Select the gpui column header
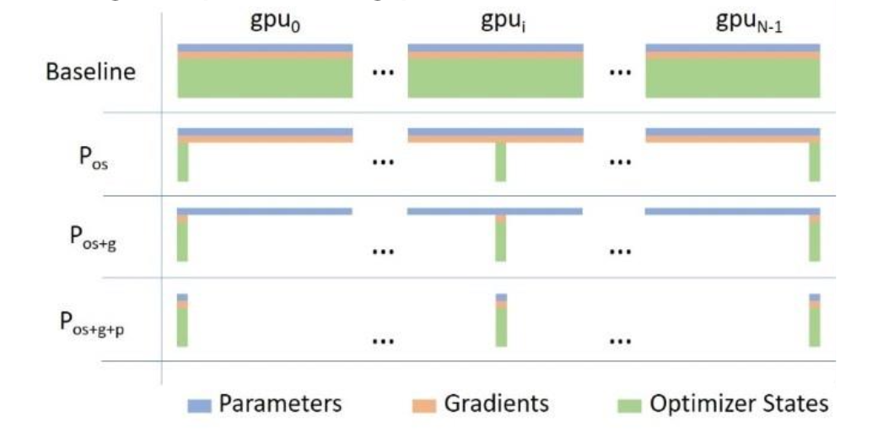(x=502, y=24)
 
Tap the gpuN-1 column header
(x=749, y=24)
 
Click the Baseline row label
(x=91, y=73)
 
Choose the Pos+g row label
(x=94, y=238)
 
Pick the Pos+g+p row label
(x=93, y=323)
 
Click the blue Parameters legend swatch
(x=200, y=405)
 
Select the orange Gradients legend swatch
(x=423, y=405)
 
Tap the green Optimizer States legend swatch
(x=630, y=405)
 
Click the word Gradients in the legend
(x=496, y=403)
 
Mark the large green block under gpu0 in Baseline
(x=265, y=78)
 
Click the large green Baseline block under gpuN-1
(x=733, y=78)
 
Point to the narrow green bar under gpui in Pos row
(x=501, y=162)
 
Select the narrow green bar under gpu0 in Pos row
(x=183, y=162)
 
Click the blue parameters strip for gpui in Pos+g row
(x=495, y=211)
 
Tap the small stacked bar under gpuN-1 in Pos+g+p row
(x=815, y=320)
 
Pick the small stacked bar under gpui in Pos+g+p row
(x=501, y=320)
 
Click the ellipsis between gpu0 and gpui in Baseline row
(x=382, y=73)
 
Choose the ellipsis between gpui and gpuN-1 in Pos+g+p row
(x=621, y=341)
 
